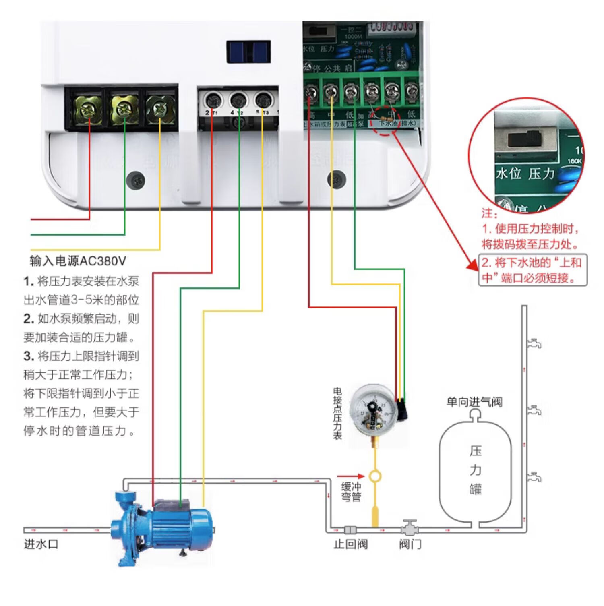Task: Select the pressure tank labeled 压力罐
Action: pyautogui.click(x=475, y=471)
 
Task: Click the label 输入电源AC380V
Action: pyautogui.click(x=78, y=261)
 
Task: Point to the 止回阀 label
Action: pyautogui.click(x=350, y=544)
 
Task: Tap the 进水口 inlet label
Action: pyautogui.click(x=41, y=544)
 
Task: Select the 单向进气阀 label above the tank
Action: pyautogui.click(x=474, y=401)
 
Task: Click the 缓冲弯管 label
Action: pyautogui.click(x=351, y=492)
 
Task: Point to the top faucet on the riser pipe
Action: pyautogui.click(x=534, y=343)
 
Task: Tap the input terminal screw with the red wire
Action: pyautogui.click(x=88, y=108)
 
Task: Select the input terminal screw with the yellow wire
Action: pyautogui.click(x=160, y=108)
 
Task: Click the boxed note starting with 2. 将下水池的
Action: pyautogui.click(x=532, y=270)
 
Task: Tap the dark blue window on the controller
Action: pyautogui.click(x=248, y=52)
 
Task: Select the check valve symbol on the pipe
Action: pyautogui.click(x=350, y=530)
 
